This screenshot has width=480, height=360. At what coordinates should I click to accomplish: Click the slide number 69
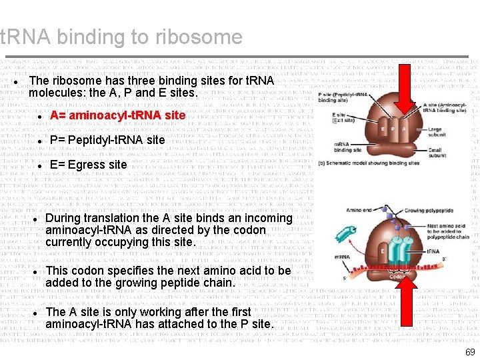point(470,352)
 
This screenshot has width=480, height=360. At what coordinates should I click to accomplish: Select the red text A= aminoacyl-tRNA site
point(117,115)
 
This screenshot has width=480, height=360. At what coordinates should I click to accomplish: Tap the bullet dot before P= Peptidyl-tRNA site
point(39,141)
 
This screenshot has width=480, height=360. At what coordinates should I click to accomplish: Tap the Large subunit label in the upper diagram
point(435,132)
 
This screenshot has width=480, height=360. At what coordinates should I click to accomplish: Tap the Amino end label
point(359,211)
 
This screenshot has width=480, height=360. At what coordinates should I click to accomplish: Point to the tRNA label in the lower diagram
point(433,252)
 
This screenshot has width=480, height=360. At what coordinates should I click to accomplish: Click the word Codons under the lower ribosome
point(398,277)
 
